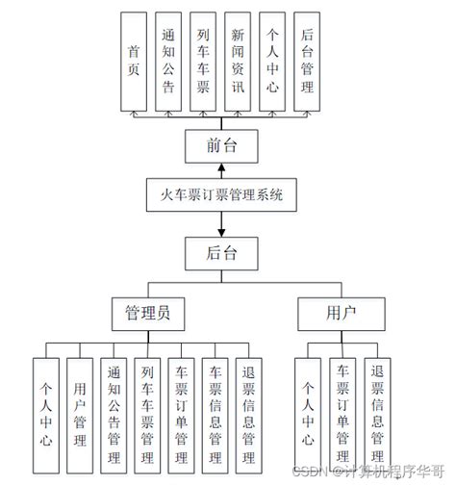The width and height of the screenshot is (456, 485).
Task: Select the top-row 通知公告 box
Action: (x=169, y=62)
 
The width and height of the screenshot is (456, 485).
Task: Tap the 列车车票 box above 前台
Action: (x=203, y=62)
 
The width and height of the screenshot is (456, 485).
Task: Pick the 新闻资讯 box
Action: (x=238, y=62)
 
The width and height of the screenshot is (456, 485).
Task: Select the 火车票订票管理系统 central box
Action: (x=222, y=195)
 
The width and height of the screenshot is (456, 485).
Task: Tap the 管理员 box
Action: (x=148, y=313)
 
